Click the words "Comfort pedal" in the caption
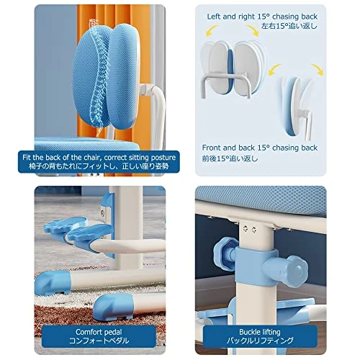(x=99, y=332)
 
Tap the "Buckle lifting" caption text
(x=260, y=332)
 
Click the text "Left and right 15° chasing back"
(x=262, y=17)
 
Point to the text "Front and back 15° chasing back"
(x=260, y=148)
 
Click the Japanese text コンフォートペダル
(x=99, y=341)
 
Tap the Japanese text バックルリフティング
(x=260, y=341)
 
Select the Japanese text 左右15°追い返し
(x=289, y=26)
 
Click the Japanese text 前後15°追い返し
(x=230, y=158)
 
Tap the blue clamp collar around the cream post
(x=256, y=267)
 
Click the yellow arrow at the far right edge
(x=318, y=69)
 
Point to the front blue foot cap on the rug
(x=113, y=307)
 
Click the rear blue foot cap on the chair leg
(x=53, y=283)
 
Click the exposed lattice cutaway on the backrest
(x=99, y=77)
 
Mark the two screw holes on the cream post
(x=250, y=229)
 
